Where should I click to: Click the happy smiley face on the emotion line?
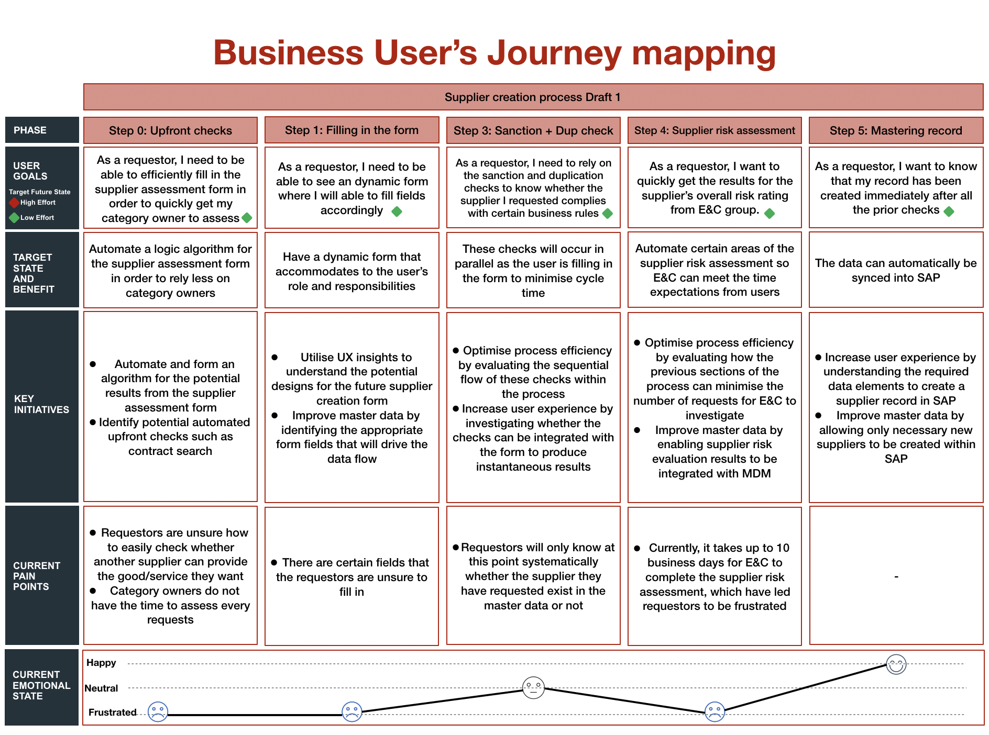click(x=896, y=664)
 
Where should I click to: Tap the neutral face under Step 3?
click(x=533, y=687)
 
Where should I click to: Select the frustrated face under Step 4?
click(x=715, y=711)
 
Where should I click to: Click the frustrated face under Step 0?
click(x=158, y=711)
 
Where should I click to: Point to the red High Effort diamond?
click(x=14, y=203)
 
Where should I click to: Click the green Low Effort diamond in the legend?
click(x=14, y=218)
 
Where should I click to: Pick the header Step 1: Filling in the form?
click(x=351, y=130)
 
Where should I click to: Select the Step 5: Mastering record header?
click(x=896, y=131)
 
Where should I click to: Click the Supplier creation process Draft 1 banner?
click(x=533, y=97)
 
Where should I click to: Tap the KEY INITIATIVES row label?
click(x=41, y=404)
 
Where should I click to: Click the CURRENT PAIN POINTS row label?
click(x=37, y=576)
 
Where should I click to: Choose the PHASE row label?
click(x=30, y=130)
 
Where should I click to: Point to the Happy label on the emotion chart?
click(x=101, y=663)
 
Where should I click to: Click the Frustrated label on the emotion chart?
click(x=113, y=712)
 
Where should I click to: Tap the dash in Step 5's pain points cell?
click(x=896, y=576)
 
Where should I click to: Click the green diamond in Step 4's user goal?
click(x=770, y=213)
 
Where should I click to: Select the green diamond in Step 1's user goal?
click(x=397, y=211)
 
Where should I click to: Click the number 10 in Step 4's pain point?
click(x=783, y=548)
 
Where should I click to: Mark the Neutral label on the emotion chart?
click(x=101, y=688)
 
